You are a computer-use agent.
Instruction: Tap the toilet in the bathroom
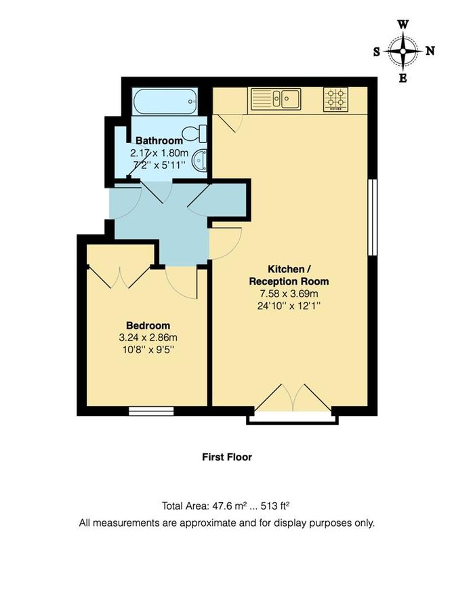[197, 131]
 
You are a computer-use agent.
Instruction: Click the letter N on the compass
[430, 51]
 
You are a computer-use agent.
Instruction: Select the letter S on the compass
[377, 51]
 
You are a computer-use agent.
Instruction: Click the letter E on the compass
[403, 78]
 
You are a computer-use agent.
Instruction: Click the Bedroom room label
[148, 325]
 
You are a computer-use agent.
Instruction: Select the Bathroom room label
[159, 141]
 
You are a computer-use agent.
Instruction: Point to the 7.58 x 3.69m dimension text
[289, 293]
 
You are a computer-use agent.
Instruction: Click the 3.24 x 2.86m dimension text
[148, 337]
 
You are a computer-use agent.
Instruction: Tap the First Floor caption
[227, 457]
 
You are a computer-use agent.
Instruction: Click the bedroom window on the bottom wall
[151, 410]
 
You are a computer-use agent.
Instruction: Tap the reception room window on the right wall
[371, 217]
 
